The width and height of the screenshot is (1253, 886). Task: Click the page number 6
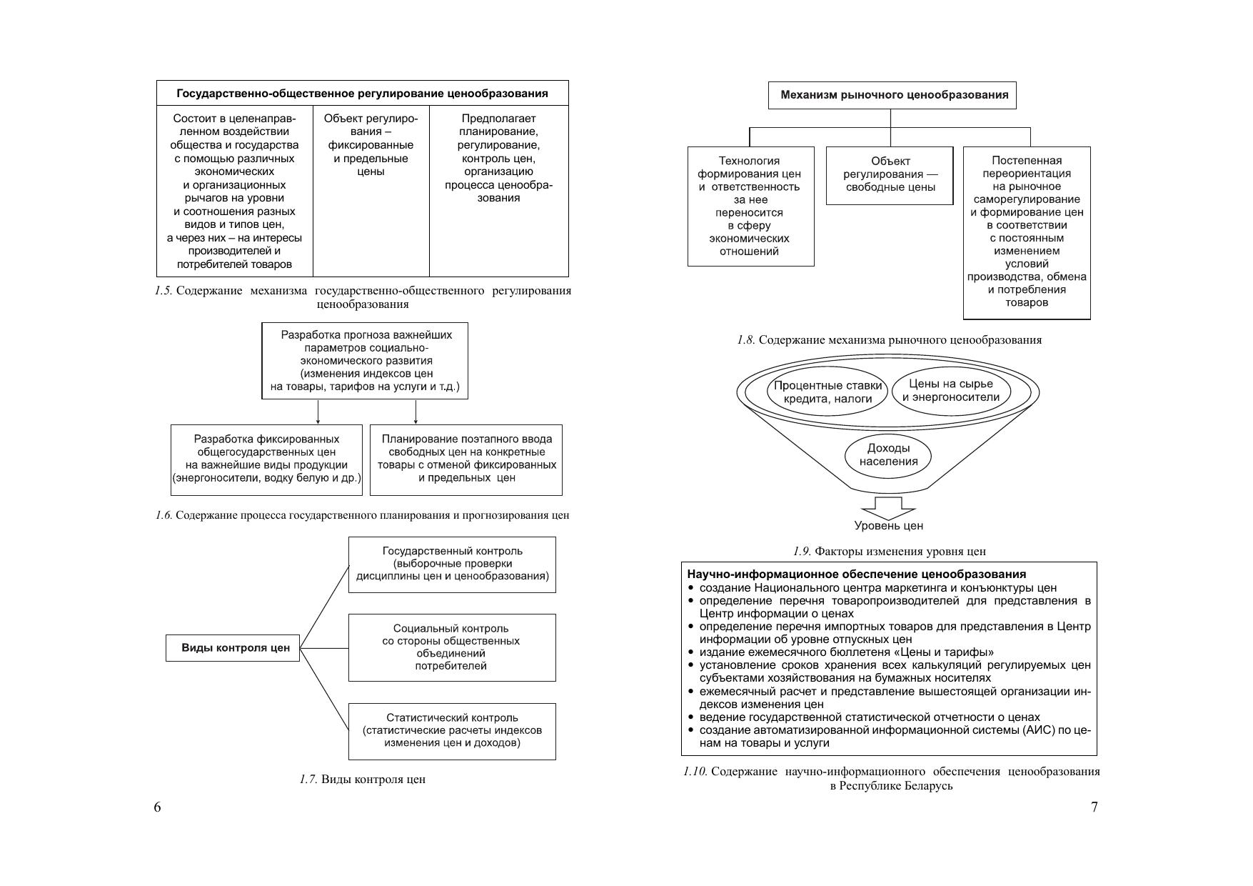157,807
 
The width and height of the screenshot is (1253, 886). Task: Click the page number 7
1095,807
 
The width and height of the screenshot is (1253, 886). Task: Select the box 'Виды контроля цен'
233,648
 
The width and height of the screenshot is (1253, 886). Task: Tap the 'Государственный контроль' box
452,564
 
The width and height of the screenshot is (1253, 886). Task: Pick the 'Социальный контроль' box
452,647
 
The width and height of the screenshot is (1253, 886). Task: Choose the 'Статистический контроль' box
452,731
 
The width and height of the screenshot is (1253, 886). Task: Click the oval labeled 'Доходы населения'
888,455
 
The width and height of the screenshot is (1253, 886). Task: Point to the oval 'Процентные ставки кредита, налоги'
828,392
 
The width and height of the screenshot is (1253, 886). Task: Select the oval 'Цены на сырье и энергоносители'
951,391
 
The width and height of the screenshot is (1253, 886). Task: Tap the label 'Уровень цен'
888,526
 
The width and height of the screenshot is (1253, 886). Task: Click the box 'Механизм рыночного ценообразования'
892,95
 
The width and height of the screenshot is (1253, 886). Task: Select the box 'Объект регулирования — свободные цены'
890,175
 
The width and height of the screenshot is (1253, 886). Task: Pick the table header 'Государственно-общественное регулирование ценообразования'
363,94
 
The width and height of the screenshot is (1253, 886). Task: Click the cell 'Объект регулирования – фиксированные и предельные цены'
371,145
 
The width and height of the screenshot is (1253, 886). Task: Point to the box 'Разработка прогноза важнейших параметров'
366,361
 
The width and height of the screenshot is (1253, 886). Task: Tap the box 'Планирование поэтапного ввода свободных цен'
466,459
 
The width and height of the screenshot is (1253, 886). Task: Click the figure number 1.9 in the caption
802,552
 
